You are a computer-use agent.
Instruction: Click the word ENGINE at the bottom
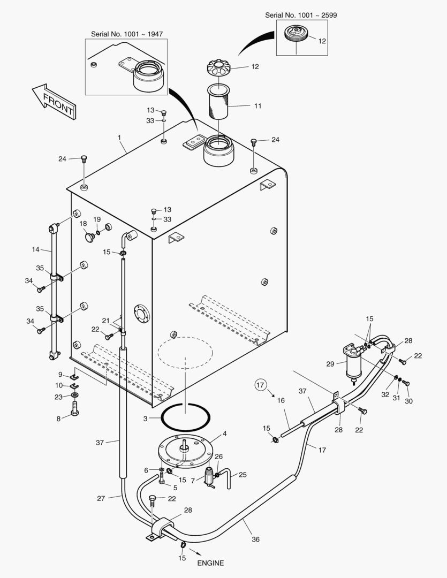pyautogui.click(x=210, y=563)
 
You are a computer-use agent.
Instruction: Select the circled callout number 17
pyautogui.click(x=260, y=385)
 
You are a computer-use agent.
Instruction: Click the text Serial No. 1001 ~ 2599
pyautogui.click(x=301, y=15)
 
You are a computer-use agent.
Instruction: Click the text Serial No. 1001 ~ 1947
pyautogui.click(x=127, y=34)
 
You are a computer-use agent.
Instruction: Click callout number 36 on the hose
pyautogui.click(x=255, y=539)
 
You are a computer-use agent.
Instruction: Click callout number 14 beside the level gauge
pyautogui.click(x=36, y=249)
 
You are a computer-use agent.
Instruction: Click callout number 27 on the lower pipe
pyautogui.click(x=101, y=498)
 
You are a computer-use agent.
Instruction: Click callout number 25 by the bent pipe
pyautogui.click(x=243, y=475)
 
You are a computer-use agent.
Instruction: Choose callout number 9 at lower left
pyautogui.click(x=60, y=374)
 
